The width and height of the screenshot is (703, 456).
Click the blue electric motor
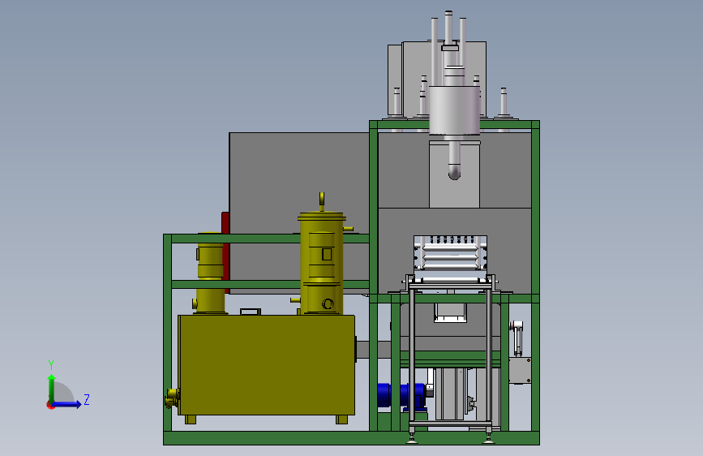(x=401, y=395)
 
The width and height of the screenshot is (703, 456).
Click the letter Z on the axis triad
(x=86, y=399)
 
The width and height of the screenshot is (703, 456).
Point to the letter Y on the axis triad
(x=51, y=364)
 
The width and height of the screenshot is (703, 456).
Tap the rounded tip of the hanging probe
(x=454, y=172)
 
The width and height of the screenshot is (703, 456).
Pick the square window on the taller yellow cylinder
(x=327, y=254)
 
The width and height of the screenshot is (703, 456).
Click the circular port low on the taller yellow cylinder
(x=328, y=304)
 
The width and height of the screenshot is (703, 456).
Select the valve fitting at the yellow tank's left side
(x=172, y=398)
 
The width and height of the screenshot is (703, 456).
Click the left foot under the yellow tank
(x=191, y=419)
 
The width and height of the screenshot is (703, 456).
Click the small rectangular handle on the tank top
(x=250, y=311)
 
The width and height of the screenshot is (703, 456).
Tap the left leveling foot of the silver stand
(x=414, y=439)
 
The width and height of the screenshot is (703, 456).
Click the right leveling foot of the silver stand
(x=488, y=439)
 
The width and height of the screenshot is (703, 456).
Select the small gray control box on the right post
(x=519, y=370)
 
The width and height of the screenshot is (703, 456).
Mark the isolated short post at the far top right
(x=504, y=103)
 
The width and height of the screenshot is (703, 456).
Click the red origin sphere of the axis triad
(x=50, y=405)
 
